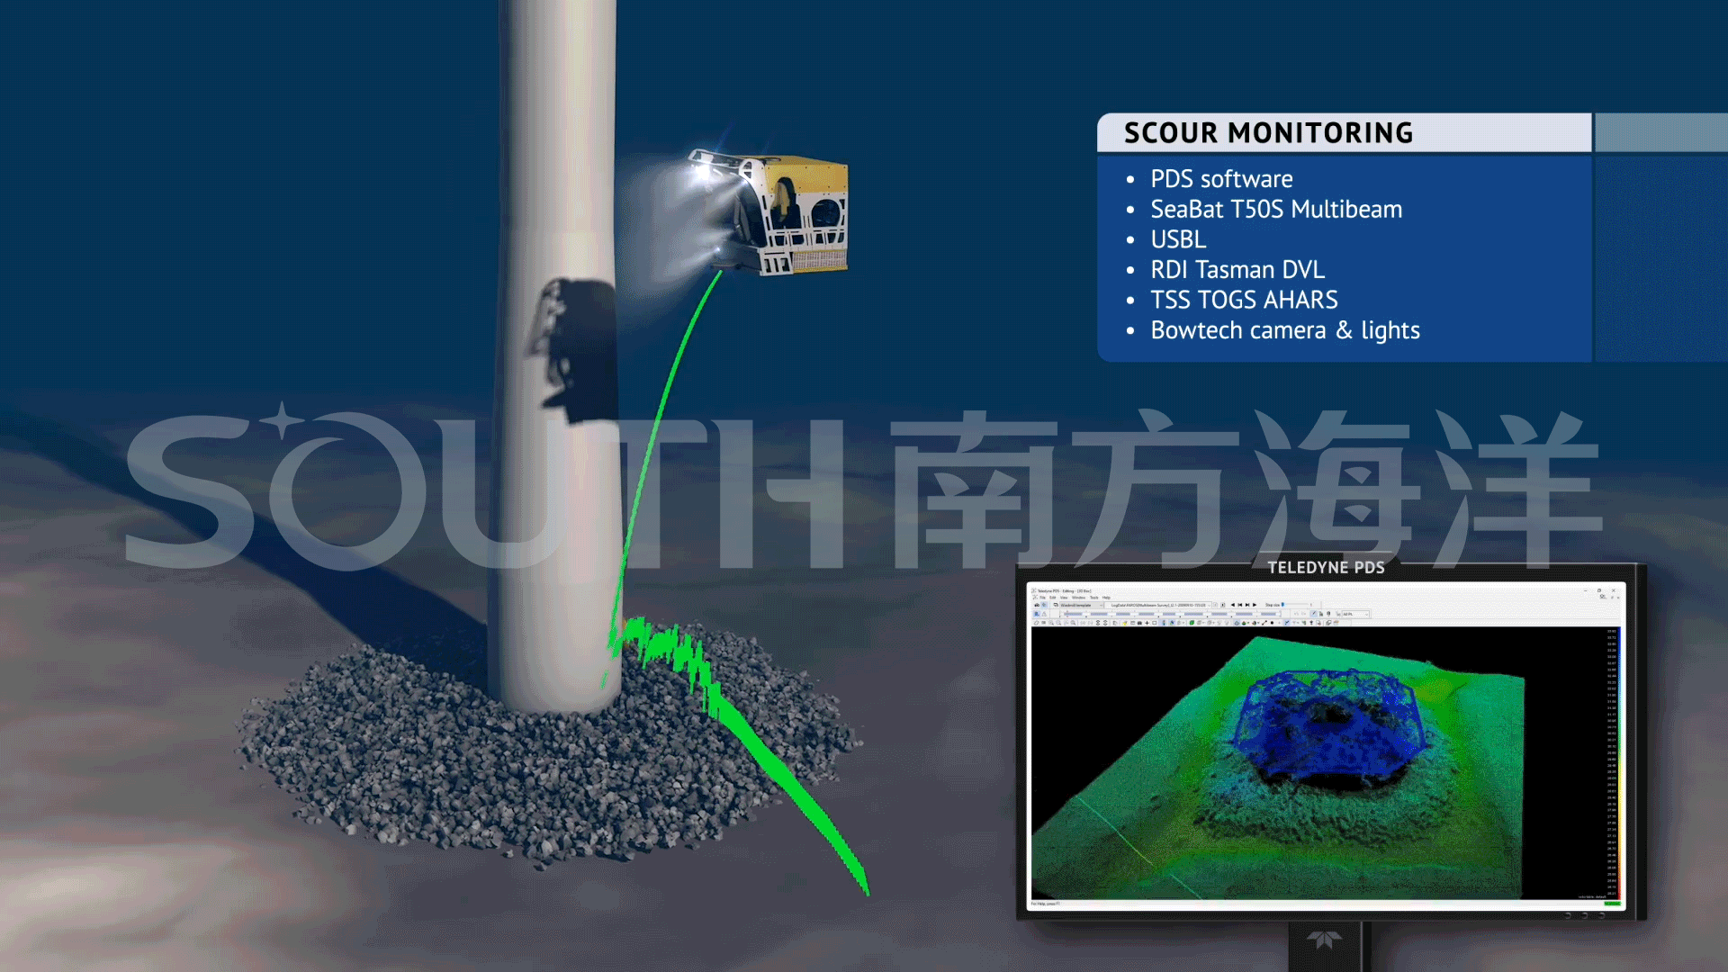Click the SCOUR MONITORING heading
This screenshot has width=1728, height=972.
tap(1268, 133)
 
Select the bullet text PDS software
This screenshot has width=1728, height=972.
tap(1221, 179)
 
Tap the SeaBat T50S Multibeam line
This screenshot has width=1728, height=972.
tap(1275, 210)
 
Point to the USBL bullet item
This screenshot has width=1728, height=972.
tap(1178, 239)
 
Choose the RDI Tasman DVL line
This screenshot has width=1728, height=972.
tap(1237, 270)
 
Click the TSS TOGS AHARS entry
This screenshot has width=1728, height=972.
tap(1244, 300)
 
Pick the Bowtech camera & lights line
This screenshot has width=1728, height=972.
tap(1284, 330)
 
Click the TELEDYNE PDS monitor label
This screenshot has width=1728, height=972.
tap(1326, 567)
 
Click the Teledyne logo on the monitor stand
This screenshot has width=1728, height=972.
tap(1324, 940)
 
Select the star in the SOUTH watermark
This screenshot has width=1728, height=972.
tap(283, 421)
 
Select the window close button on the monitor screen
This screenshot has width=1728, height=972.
tap(1614, 590)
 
